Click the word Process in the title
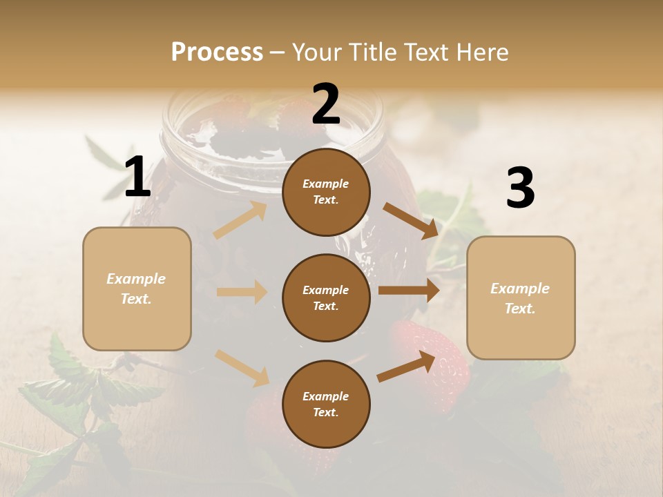(x=217, y=52)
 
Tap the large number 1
(x=137, y=177)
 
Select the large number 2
(x=326, y=104)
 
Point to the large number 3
(x=520, y=188)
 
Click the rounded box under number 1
(x=137, y=289)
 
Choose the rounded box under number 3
(x=521, y=298)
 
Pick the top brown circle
(x=326, y=192)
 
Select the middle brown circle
(x=326, y=298)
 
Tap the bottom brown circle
(x=326, y=404)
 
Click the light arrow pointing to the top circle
(x=240, y=220)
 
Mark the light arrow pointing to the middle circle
(x=242, y=292)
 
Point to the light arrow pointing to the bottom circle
(x=242, y=368)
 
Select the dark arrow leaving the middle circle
(x=409, y=291)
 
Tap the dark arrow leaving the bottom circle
(x=406, y=367)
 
